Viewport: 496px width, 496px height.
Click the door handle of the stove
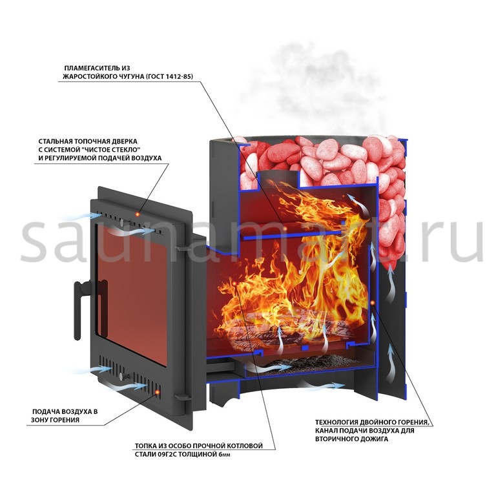point(79,308)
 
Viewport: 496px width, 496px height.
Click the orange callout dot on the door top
point(138,214)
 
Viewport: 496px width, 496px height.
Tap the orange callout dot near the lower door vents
point(157,392)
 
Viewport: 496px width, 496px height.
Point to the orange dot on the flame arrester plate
point(285,228)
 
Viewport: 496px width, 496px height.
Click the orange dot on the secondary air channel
point(372,303)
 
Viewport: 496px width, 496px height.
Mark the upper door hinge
point(182,249)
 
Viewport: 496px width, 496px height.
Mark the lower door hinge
point(181,397)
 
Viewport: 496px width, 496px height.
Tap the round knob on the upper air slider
point(121,221)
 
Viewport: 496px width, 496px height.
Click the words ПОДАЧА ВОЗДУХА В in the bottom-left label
point(65,411)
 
